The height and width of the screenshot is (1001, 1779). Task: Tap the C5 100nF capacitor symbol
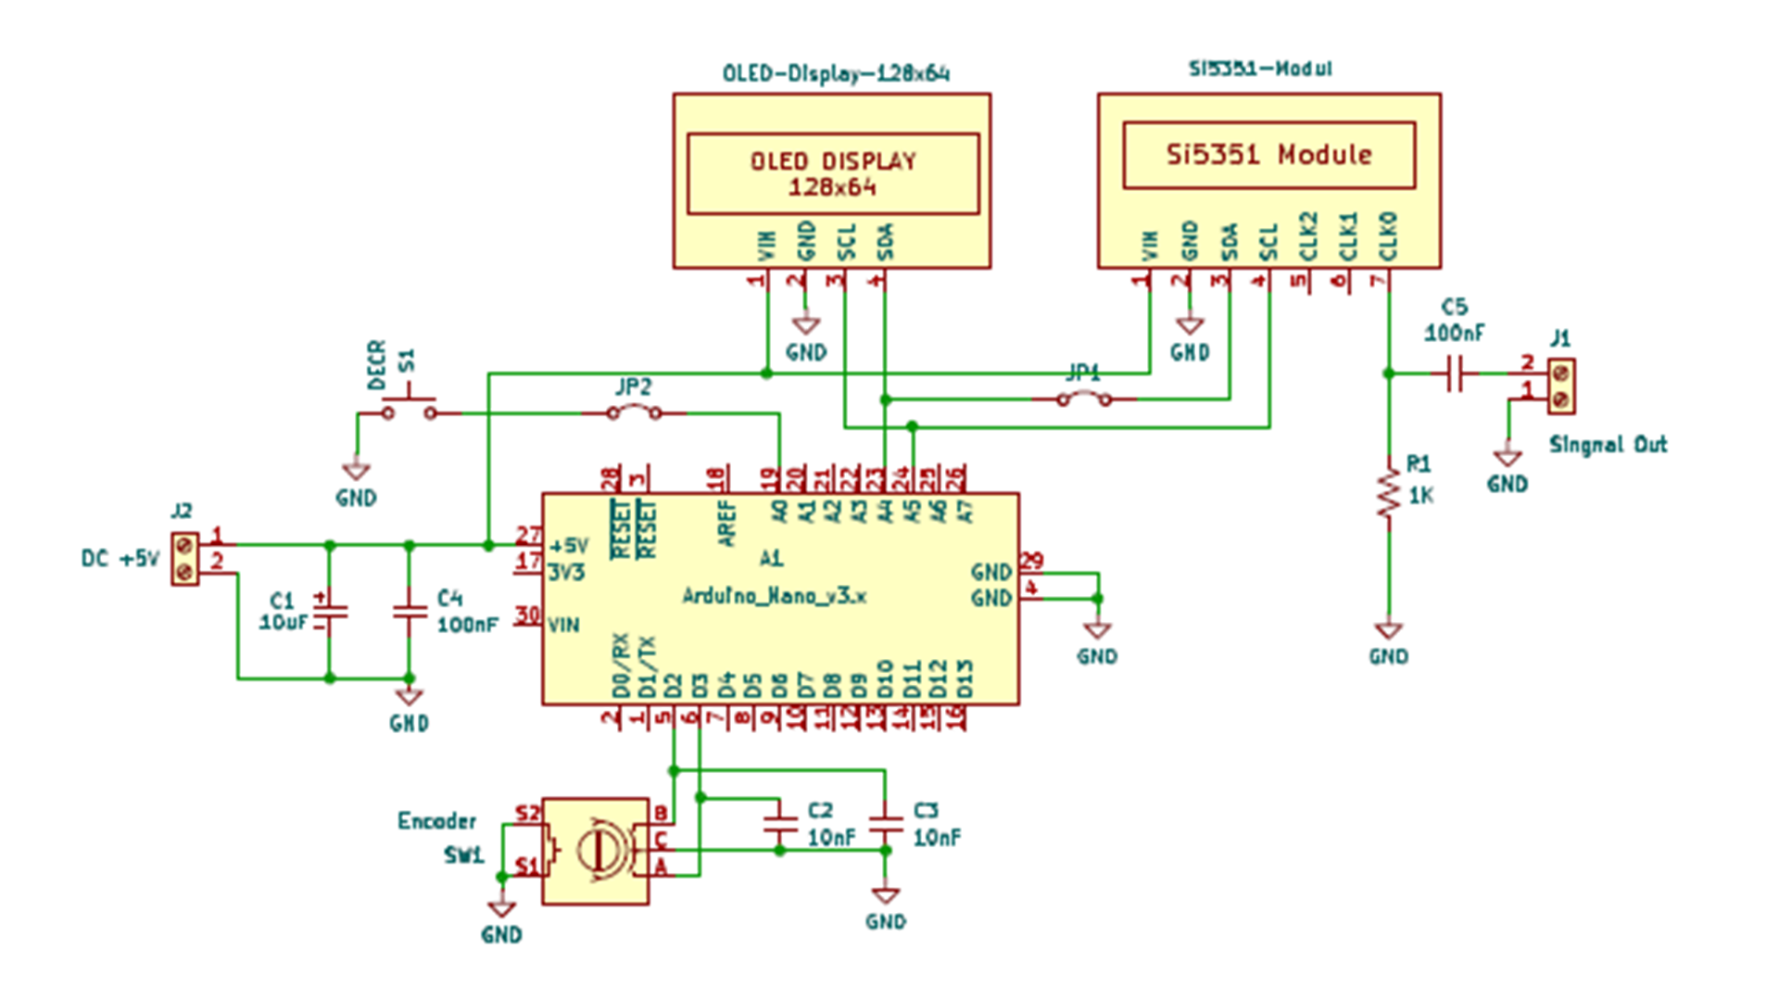[1455, 374]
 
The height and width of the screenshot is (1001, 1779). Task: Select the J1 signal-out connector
[1560, 386]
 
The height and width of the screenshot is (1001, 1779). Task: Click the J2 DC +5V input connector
[184, 559]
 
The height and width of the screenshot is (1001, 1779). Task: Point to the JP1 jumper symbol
[1084, 399]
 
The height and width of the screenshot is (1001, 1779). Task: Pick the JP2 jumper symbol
[634, 412]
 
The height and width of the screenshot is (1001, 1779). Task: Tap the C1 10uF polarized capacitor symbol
[329, 612]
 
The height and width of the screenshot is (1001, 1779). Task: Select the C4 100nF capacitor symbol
[410, 612]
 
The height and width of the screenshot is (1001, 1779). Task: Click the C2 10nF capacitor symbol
[779, 824]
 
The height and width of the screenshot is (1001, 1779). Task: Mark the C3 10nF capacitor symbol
[885, 824]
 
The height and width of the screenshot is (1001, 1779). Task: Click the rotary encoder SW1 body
[595, 851]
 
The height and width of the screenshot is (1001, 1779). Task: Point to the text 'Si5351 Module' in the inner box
[1268, 155]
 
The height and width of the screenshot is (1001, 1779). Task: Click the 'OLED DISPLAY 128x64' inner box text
[832, 173]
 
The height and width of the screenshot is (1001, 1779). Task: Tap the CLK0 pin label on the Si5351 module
[1388, 237]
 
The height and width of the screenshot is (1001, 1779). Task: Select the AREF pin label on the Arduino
[727, 523]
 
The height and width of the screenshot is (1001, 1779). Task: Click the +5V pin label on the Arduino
[568, 546]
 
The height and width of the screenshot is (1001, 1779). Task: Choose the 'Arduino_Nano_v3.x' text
[774, 596]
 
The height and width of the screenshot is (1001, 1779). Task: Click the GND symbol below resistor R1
[1388, 632]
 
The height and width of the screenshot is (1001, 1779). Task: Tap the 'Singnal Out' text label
[1608, 445]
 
